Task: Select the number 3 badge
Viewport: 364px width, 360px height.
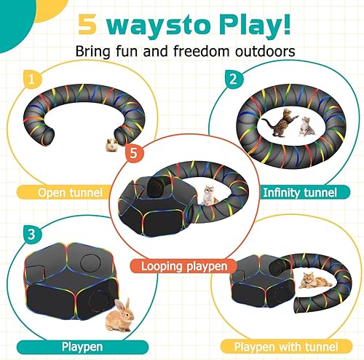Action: [29, 235]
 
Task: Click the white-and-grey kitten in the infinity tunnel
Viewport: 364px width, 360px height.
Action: [306, 128]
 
